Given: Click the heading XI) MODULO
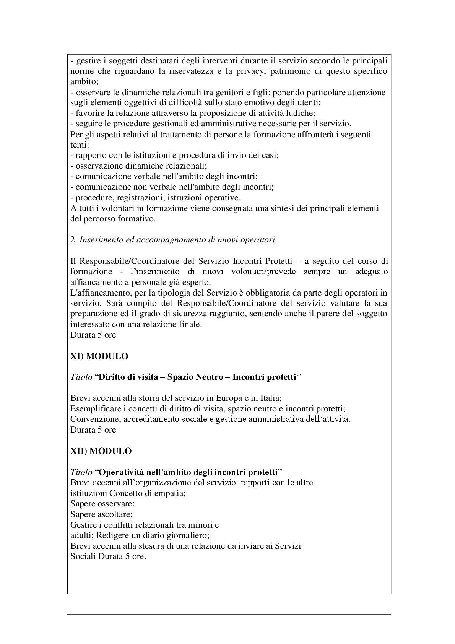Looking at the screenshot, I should point(99,356).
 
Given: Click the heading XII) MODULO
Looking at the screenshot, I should point(101,451).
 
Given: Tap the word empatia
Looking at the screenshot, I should point(172,493).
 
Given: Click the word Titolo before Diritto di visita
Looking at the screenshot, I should point(81,377).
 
